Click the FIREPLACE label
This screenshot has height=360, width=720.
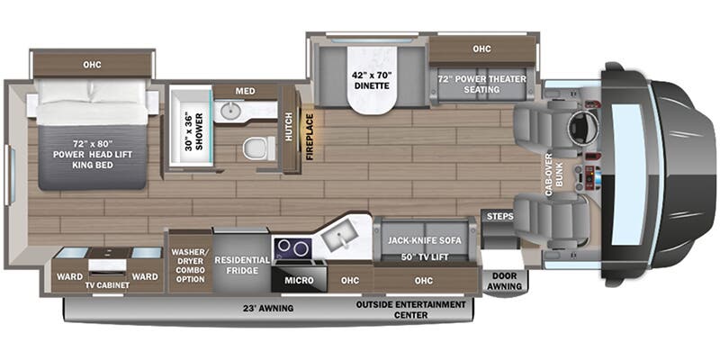310,136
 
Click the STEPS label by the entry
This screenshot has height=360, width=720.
498,217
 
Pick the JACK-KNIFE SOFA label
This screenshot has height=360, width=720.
421,239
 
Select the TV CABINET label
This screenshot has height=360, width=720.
107,285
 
